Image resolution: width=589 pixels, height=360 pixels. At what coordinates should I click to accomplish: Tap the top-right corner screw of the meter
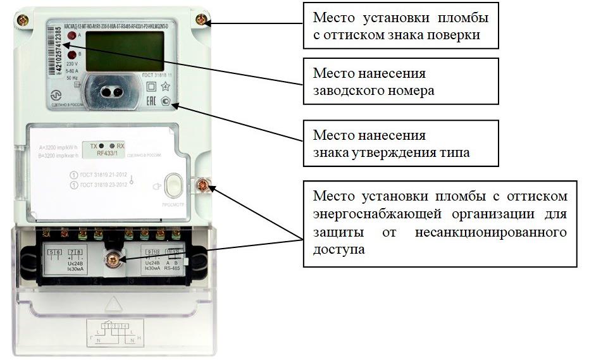(x=201, y=20)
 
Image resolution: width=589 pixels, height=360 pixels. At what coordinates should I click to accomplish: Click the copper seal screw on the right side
(x=204, y=185)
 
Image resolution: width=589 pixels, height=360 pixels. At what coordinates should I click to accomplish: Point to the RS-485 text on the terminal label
(x=171, y=267)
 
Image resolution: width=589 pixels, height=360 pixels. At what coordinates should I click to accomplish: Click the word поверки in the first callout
(x=456, y=35)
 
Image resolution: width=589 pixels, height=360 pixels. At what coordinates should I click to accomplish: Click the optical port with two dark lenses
(x=111, y=92)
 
